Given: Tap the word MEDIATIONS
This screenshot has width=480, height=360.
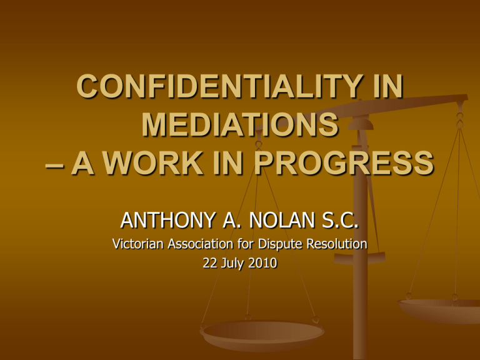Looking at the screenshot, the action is (240, 124).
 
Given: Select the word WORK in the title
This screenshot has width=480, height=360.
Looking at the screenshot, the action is (152, 163).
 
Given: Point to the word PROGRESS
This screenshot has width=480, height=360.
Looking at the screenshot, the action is (344, 163).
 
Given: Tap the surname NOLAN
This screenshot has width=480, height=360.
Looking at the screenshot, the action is (282, 220).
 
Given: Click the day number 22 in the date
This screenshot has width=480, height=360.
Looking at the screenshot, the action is (210, 263).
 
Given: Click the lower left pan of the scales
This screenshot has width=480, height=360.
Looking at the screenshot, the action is (262, 335).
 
